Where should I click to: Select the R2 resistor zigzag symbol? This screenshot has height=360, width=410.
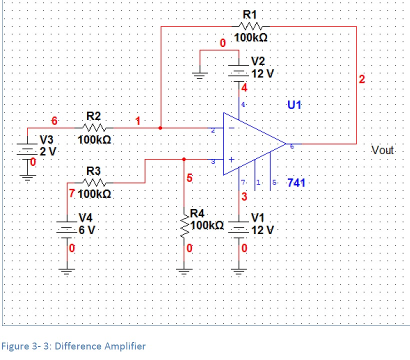pyautogui.click(x=94, y=128)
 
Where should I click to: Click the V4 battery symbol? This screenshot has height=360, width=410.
pyautogui.click(x=66, y=227)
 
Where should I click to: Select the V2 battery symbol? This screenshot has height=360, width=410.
pyautogui.click(x=238, y=71)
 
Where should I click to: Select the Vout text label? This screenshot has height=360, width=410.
pyautogui.click(x=383, y=150)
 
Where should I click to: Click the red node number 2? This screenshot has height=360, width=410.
pyautogui.click(x=362, y=79)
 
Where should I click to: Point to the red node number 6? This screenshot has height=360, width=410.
pyautogui.click(x=54, y=120)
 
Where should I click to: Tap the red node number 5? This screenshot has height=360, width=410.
pyautogui.click(x=189, y=177)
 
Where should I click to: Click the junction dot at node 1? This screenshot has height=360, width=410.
pyautogui.click(x=160, y=128)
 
